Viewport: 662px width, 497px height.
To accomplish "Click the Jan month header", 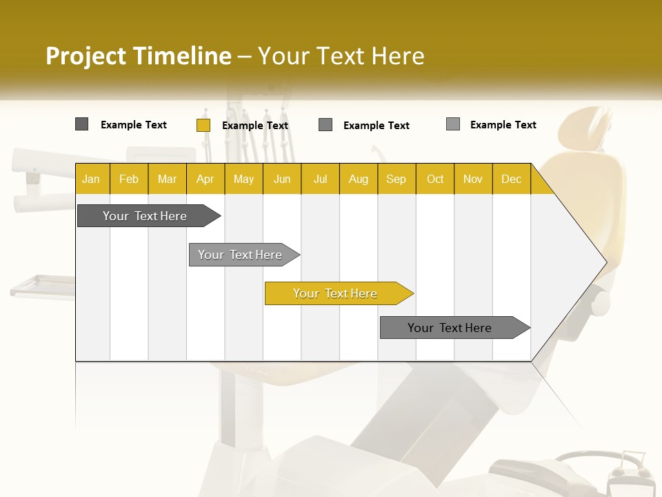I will [x=91, y=179].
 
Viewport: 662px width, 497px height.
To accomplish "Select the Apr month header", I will [x=205, y=179].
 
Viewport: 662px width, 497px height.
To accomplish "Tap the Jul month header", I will [x=320, y=179].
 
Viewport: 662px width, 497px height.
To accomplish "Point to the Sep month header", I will [x=396, y=179].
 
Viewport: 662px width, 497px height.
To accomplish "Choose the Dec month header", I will [x=511, y=179].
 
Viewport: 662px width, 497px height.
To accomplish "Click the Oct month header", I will [x=435, y=179].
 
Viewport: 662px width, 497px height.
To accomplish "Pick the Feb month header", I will [x=129, y=179].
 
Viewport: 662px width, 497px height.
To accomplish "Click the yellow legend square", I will [x=203, y=125].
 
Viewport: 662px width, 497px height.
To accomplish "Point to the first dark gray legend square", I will [x=81, y=124].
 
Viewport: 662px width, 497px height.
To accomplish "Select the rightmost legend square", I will [x=452, y=124].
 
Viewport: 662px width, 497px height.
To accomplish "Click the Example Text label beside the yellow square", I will [x=255, y=126].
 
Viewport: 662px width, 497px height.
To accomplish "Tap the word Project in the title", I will [x=86, y=56].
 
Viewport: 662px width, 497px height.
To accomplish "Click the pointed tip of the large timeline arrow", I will [x=605, y=262].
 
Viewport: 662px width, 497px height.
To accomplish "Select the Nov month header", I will [x=473, y=179].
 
